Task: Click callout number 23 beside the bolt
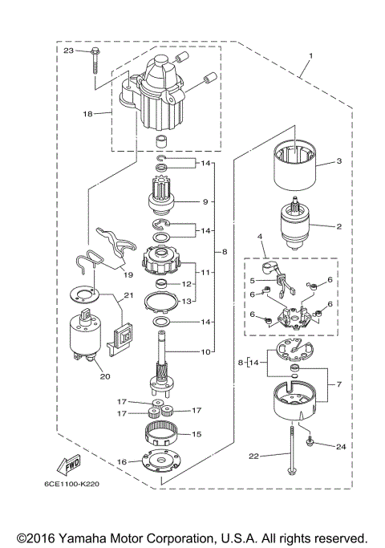point(68,51)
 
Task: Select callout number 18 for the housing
point(88,114)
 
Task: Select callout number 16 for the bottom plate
point(122,461)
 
